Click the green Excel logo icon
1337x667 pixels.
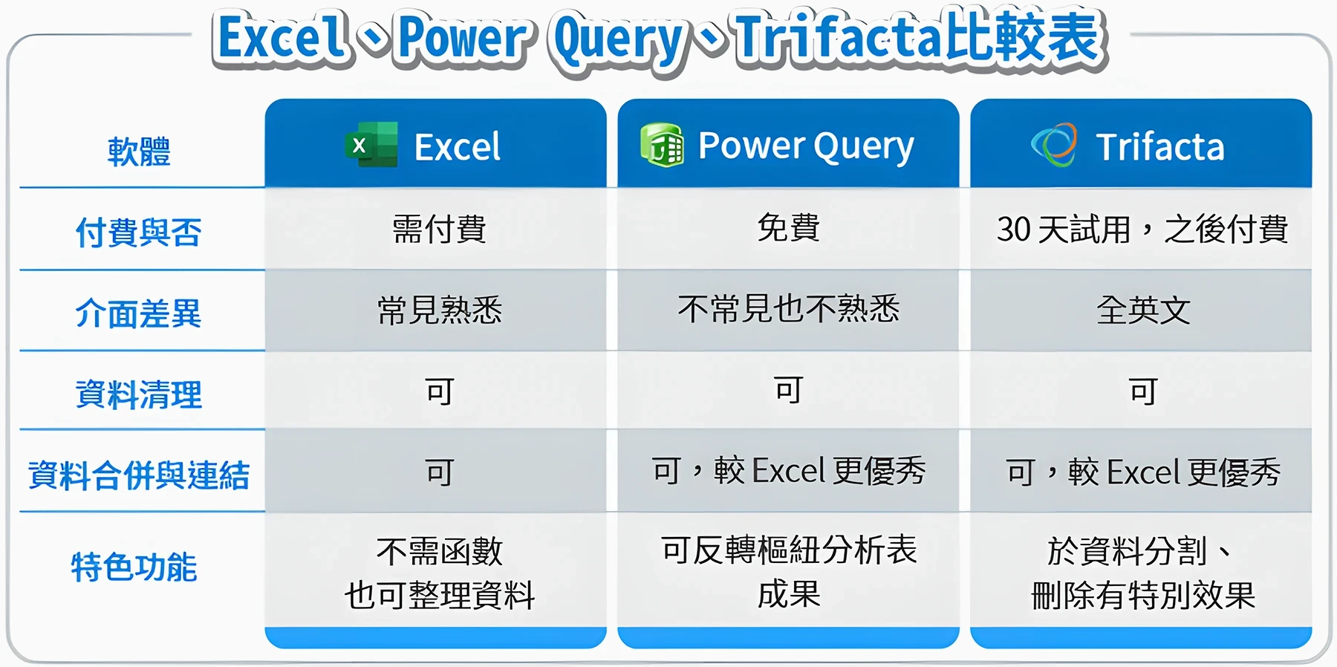371,145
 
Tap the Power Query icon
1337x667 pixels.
662,146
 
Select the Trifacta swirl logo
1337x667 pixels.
1054,145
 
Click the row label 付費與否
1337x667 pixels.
138,232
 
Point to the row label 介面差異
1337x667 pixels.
138,313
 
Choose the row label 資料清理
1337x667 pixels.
138,394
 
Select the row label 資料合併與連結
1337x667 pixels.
138,475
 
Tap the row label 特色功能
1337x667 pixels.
134,567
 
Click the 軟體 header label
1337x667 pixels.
139,152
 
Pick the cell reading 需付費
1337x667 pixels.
439,229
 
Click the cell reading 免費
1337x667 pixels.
788,227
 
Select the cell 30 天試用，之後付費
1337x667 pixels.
1142,229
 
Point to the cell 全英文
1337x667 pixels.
1143,310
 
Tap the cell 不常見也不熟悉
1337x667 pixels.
788,309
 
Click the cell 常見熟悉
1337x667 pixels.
439,310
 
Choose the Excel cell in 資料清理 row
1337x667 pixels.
439,391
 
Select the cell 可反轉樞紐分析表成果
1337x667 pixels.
788,572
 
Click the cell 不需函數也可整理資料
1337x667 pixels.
439,573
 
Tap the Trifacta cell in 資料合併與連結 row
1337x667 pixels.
1143,472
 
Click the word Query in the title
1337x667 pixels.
618,41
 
